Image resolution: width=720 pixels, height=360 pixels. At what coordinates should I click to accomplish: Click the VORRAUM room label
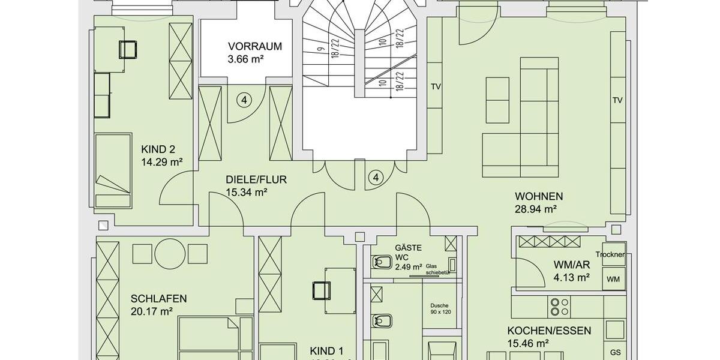pos(254,46)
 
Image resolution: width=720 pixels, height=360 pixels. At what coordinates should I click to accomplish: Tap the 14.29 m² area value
pos(161,161)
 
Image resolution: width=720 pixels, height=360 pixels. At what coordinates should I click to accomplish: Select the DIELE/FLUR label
pos(256,179)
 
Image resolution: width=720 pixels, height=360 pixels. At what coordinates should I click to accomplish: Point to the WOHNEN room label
pos(539,196)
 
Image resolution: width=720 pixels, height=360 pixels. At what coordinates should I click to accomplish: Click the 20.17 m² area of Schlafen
pos(151,311)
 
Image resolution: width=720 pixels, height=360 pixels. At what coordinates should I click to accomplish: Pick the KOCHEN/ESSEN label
pos(549,331)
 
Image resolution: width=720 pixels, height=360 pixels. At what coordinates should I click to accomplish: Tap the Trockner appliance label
pos(611,254)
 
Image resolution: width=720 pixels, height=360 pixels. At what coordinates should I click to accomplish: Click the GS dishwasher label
pos(615,352)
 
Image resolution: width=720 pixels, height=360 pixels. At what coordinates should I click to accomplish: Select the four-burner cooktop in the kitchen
pos(560,307)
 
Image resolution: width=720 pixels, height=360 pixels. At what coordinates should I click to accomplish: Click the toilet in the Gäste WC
pos(380,262)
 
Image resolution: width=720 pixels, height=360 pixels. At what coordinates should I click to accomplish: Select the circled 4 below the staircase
pos(376,178)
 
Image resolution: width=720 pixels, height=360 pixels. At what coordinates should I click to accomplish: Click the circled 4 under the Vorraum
pos(244,100)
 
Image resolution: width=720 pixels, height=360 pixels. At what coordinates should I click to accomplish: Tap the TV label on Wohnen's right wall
pos(617,100)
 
